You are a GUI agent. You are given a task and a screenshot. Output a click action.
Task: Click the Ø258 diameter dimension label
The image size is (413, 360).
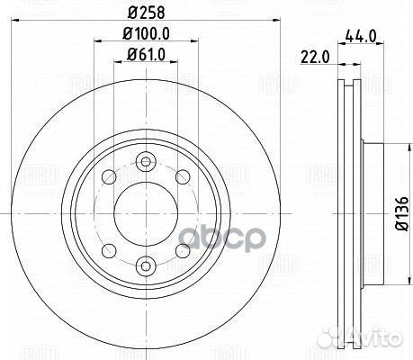146,13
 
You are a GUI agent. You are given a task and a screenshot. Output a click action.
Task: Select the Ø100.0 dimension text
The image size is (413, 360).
146,33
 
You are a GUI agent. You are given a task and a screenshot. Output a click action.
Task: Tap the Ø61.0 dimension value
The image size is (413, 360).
146,55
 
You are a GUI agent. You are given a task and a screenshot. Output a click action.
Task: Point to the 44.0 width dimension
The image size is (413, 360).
361,36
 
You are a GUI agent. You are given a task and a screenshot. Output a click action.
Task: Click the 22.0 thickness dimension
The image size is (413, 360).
315,57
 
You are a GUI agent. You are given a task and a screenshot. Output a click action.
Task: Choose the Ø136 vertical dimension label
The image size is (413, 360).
401,213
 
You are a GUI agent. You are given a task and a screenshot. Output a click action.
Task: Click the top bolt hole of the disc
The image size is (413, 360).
146,161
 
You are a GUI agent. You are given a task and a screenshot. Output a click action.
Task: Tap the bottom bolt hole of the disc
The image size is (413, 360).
146,265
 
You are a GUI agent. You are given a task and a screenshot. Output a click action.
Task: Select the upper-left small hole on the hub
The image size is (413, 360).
109,177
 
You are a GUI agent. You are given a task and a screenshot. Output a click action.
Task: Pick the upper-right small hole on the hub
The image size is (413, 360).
183,177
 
